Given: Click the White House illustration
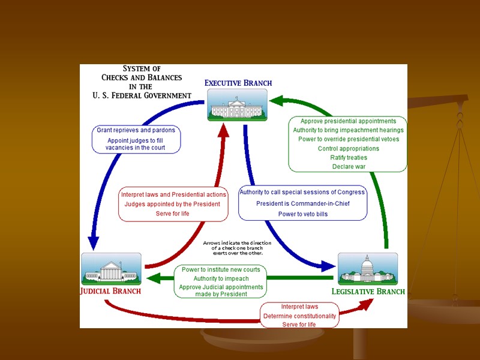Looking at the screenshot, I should pyautogui.click(x=237, y=104).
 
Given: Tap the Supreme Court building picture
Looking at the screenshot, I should pyautogui.click(x=111, y=268).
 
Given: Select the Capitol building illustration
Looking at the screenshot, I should pyautogui.click(x=367, y=268).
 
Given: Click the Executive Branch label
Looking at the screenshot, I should pyautogui.click(x=238, y=83).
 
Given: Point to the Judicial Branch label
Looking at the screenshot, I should pyautogui.click(x=111, y=291).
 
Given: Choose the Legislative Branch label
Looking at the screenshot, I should pyautogui.click(x=368, y=292).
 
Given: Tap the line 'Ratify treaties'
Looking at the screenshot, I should pyautogui.click(x=349, y=157).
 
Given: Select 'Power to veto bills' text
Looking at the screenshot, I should pyautogui.click(x=302, y=214).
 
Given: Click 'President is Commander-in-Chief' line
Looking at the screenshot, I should pyautogui.click(x=302, y=203).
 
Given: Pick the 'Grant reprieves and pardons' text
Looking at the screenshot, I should pyautogui.click(x=136, y=130).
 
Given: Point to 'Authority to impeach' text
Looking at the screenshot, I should pyautogui.click(x=221, y=278).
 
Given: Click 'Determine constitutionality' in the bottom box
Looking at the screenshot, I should pyautogui.click(x=299, y=316).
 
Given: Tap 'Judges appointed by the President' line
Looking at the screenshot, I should pyautogui.click(x=172, y=204).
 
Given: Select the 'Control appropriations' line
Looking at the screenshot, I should pyautogui.click(x=349, y=148).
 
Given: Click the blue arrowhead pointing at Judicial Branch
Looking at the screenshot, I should pyautogui.click(x=93, y=243).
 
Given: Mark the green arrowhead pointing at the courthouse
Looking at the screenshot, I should pyautogui.click(x=152, y=278).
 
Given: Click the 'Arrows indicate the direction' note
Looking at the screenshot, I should pyautogui.click(x=237, y=243).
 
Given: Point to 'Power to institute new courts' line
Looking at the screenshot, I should pyautogui.click(x=221, y=269).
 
